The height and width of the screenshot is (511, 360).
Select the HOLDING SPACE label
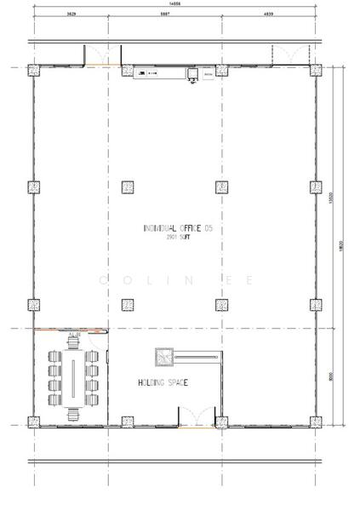pos(163,382)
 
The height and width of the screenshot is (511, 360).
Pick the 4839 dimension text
pos(268,15)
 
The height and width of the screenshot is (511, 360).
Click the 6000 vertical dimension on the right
pos(343,374)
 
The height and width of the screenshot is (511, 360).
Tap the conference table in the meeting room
pos(71,376)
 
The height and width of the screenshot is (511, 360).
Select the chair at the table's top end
pos(72,345)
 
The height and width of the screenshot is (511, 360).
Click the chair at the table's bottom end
pos(72,410)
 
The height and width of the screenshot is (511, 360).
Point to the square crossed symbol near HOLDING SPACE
pos(163,356)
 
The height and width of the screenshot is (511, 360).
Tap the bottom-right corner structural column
pos(315,421)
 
